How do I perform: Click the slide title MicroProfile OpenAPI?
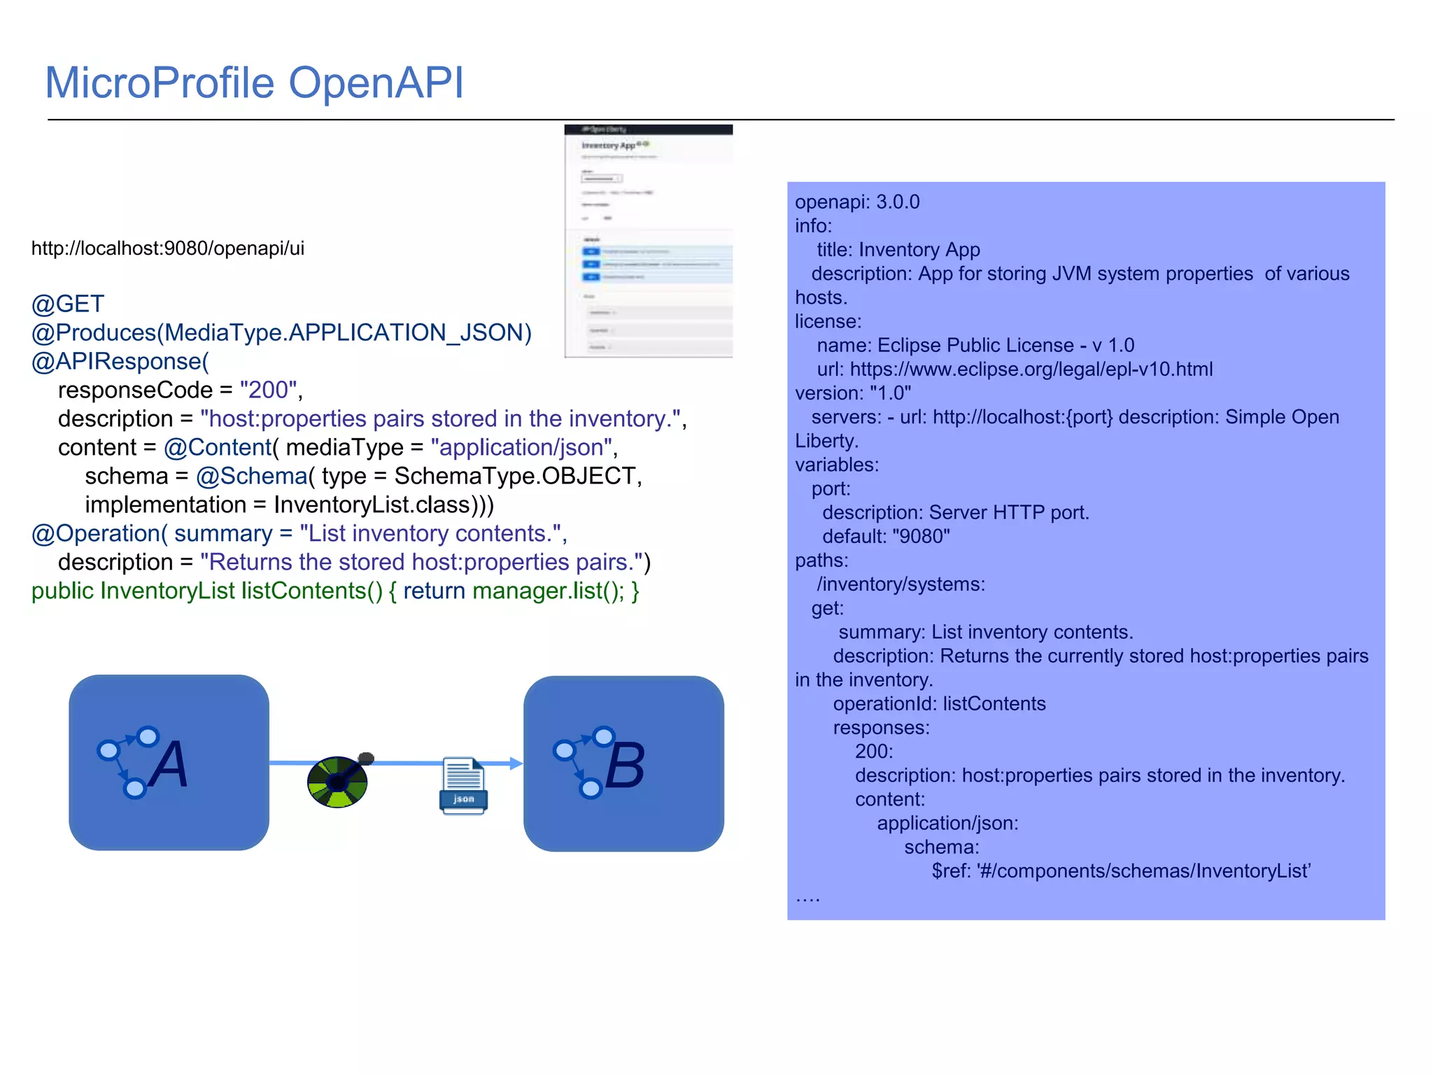click(x=254, y=83)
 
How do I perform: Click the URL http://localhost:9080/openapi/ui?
click(x=168, y=248)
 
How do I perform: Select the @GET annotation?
click(x=68, y=304)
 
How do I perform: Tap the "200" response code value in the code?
click(x=268, y=390)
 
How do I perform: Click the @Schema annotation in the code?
click(x=251, y=476)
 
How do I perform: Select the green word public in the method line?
click(x=62, y=591)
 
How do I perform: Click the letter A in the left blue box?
click(x=170, y=764)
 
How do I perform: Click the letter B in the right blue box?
click(x=624, y=766)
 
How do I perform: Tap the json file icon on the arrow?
click(x=463, y=785)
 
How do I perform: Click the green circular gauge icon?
click(x=337, y=782)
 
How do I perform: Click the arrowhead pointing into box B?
click(x=516, y=764)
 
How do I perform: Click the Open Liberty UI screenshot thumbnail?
click(x=648, y=241)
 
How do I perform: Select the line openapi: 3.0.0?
click(x=857, y=202)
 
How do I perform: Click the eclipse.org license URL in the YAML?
click(x=1031, y=369)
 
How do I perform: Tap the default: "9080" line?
click(x=886, y=537)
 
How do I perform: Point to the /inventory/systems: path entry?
click(x=901, y=584)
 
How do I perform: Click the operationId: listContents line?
click(x=939, y=704)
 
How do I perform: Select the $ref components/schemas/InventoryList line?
click(x=1120, y=871)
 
